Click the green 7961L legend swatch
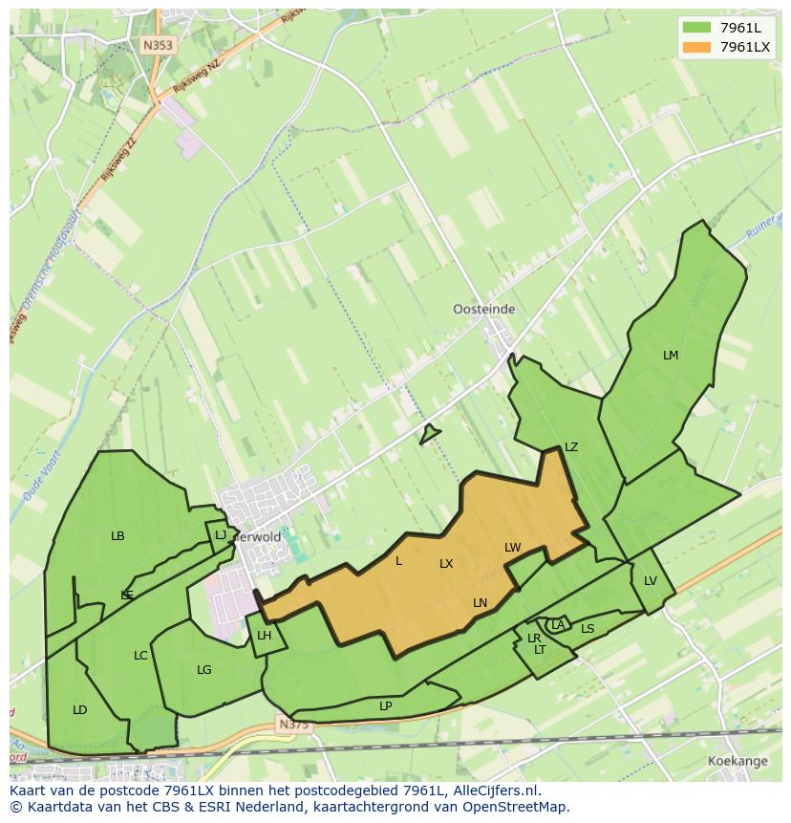pyautogui.click(x=696, y=27)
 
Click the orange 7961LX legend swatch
pyautogui.click(x=696, y=47)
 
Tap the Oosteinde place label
pyautogui.click(x=483, y=309)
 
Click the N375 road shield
pyautogui.click(x=294, y=726)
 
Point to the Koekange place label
pyautogui.click(x=738, y=761)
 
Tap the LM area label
pyautogui.click(x=671, y=356)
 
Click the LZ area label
pyautogui.click(x=571, y=447)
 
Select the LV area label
pyautogui.click(x=651, y=581)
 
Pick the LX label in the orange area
pyautogui.click(x=446, y=564)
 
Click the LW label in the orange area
pyautogui.click(x=513, y=548)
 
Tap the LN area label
pyautogui.click(x=480, y=603)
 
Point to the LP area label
pyautogui.click(x=386, y=706)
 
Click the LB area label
pyautogui.click(x=118, y=536)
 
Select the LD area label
pyautogui.click(x=80, y=710)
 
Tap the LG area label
pyautogui.click(x=203, y=670)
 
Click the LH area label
pyautogui.click(x=265, y=636)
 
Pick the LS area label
pyautogui.click(x=588, y=629)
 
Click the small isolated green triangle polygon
pyautogui.click(x=429, y=435)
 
